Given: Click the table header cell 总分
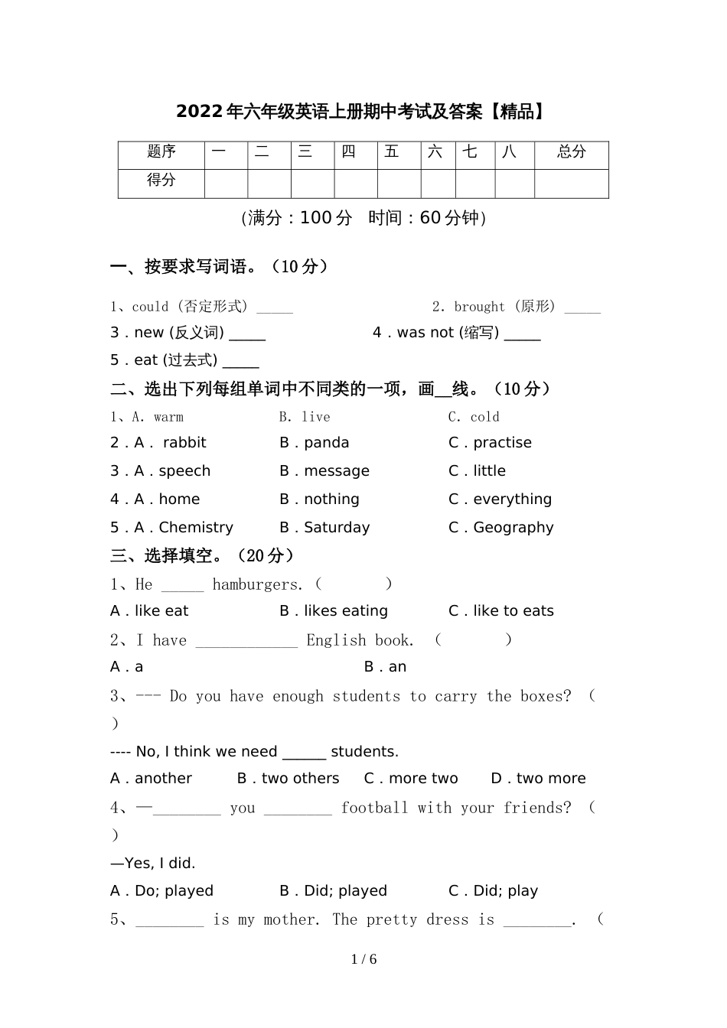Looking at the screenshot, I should (x=571, y=152).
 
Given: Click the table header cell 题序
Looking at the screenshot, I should (x=161, y=152).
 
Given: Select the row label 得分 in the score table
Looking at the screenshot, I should (x=161, y=181).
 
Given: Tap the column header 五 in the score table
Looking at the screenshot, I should (x=392, y=152).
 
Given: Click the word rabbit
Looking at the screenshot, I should (x=184, y=443).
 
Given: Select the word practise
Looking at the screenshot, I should (x=502, y=443).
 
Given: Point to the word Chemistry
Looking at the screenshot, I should (x=196, y=528).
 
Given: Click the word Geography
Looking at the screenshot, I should (x=513, y=528).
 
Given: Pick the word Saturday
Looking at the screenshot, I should (x=337, y=528).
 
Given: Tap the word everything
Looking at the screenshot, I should (x=512, y=499).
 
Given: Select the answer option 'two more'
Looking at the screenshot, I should (x=550, y=779).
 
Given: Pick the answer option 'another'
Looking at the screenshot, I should (x=163, y=779).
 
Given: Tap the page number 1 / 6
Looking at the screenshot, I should (x=363, y=959).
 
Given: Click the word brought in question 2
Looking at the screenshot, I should (x=479, y=307).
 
